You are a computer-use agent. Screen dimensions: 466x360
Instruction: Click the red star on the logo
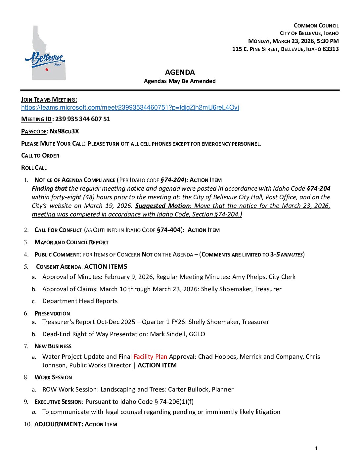(47, 69)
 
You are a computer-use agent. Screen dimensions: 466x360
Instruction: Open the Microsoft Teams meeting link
(130, 108)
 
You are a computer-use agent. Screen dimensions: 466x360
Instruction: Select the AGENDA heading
(180, 72)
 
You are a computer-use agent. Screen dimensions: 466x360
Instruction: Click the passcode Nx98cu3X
(64, 131)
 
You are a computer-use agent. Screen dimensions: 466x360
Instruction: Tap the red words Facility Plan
(150, 357)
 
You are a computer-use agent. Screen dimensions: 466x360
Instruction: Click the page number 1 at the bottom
(316, 448)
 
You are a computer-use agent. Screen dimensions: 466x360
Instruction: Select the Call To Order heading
(40, 156)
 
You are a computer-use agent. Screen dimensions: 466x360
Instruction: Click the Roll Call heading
(34, 168)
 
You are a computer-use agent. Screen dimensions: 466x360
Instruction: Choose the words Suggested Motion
(162, 206)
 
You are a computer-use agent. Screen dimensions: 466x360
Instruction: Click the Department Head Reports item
(80, 301)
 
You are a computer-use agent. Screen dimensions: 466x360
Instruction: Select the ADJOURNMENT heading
(58, 424)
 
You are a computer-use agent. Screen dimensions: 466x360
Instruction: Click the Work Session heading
(53, 377)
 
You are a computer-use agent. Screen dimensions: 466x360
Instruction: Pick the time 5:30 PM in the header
(328, 41)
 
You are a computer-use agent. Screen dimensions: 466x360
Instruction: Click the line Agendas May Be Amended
(180, 81)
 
